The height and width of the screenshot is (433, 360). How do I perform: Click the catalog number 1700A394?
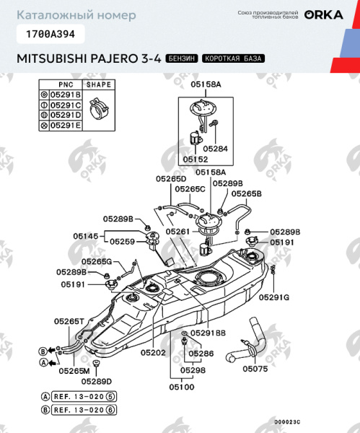pos(50,33)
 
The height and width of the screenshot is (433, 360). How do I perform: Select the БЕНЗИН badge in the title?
pos(181,58)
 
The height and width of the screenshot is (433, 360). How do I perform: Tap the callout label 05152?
pos(195,159)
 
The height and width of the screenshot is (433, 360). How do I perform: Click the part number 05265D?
pos(171,178)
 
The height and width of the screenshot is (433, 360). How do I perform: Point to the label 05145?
pos(86,235)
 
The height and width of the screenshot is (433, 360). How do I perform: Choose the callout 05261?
pos(177,232)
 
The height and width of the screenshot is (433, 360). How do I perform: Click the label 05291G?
pos(274,297)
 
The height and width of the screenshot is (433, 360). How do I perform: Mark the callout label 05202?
pos(153,353)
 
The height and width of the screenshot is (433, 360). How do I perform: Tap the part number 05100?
pos(182,387)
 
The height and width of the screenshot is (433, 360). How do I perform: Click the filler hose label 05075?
pos(254,368)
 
